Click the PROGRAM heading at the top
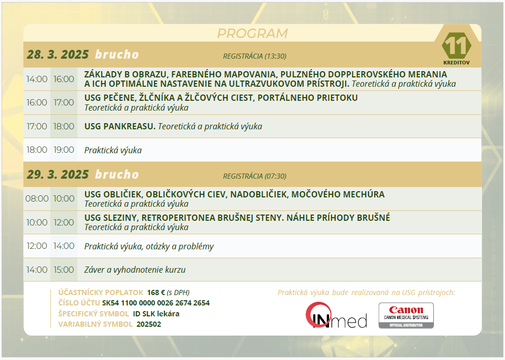(252, 34)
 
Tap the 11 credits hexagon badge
(456, 46)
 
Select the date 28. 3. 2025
(58, 55)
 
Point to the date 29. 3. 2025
(58, 175)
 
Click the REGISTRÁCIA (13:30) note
(255, 56)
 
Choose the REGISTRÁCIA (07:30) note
(255, 176)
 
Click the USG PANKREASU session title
(120, 126)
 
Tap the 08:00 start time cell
(37, 198)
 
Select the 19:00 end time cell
(64, 150)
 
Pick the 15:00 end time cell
(64, 270)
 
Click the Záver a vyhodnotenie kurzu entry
(135, 270)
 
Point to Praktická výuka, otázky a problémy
(149, 246)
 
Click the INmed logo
(336, 315)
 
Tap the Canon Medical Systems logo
(406, 315)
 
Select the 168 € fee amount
(156, 292)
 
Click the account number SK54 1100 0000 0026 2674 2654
(156, 303)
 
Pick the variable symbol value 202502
(149, 324)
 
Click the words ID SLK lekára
(156, 314)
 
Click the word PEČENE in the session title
(119, 98)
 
